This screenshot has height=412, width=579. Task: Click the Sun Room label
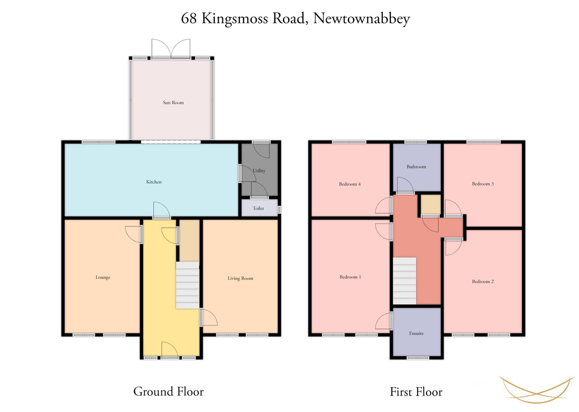click(x=173, y=103)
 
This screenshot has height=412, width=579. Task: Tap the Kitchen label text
click(x=154, y=182)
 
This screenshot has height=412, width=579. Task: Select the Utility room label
click(x=259, y=171)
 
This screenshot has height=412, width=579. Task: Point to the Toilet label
click(x=258, y=208)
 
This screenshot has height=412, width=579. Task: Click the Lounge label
click(x=103, y=277)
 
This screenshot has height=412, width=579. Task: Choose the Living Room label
click(x=240, y=278)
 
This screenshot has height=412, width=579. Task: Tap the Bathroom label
click(x=416, y=167)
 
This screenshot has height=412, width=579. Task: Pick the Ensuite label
click(x=416, y=333)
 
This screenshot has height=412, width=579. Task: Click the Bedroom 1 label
click(x=350, y=277)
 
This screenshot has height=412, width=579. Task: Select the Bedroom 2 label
click(x=483, y=282)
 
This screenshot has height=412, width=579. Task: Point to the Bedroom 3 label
click(x=483, y=184)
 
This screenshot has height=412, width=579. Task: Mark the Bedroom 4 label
click(x=350, y=184)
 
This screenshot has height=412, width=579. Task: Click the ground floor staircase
click(x=188, y=285)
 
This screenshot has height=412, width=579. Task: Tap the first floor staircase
click(x=405, y=281)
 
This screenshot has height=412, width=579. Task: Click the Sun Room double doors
click(x=171, y=48)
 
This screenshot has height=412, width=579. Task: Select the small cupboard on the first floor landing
click(x=431, y=204)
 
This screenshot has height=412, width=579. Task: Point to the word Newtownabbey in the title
click(x=361, y=19)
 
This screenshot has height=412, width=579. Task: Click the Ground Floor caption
click(x=169, y=392)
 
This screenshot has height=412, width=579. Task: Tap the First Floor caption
click(x=416, y=392)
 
